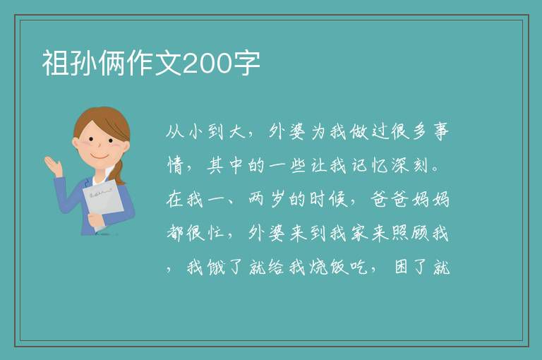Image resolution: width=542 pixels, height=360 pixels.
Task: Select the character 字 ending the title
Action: point(246,64)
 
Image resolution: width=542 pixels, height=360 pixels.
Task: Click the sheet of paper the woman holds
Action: point(102,203)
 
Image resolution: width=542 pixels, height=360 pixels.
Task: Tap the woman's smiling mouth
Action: point(100,156)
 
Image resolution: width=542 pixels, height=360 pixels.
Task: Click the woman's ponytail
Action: point(118,172)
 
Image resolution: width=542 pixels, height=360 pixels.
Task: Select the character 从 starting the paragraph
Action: point(174,132)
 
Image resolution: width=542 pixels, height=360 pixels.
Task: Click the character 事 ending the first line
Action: point(440,132)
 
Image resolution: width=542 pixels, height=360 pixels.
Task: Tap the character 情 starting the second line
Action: point(175,166)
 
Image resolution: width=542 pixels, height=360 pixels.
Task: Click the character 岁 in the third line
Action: point(277,200)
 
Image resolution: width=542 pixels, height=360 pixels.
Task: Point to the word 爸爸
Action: point(390,200)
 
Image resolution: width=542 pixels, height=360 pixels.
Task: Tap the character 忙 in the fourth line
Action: point(216,234)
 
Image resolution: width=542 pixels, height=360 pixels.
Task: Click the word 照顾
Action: point(409,234)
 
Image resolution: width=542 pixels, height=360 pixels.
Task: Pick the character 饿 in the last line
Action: point(216,268)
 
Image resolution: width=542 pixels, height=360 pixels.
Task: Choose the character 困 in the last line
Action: point(401,268)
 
